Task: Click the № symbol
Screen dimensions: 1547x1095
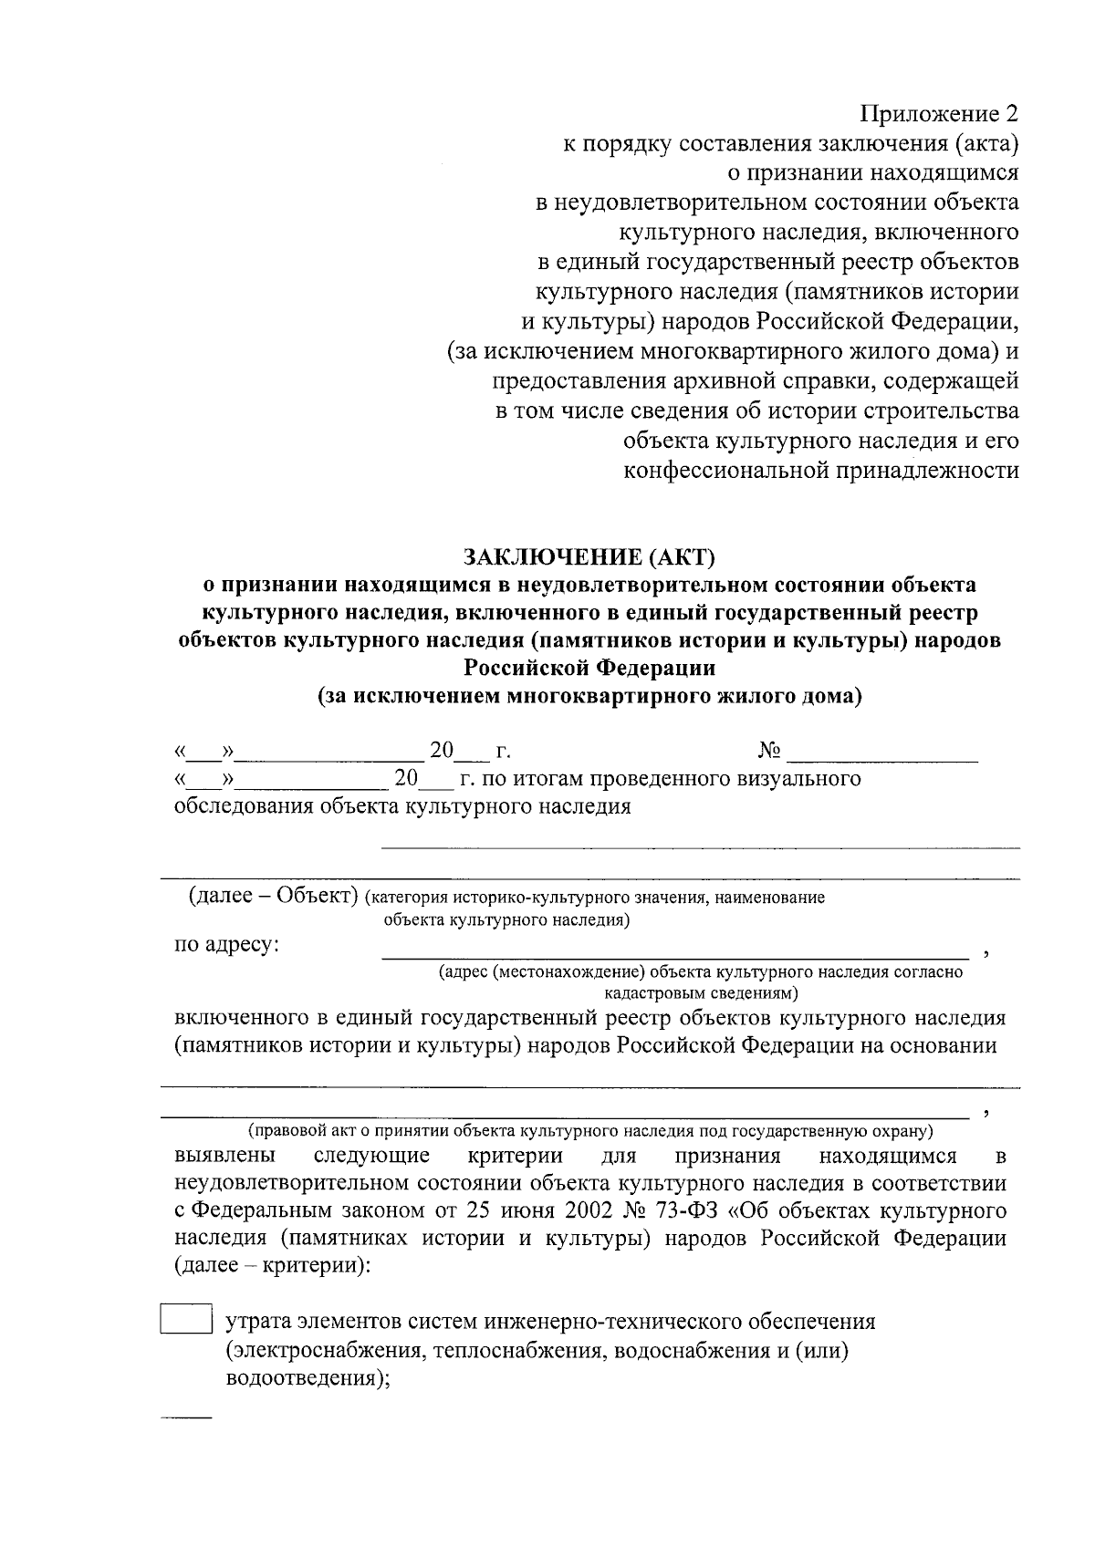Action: [769, 751]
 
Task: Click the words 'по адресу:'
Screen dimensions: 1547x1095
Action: [227, 945]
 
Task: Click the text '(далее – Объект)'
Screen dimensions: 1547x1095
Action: [271, 896]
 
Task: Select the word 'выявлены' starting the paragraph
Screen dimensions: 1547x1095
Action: [224, 1157]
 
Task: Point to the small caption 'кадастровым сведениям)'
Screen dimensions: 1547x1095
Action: [701, 992]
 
